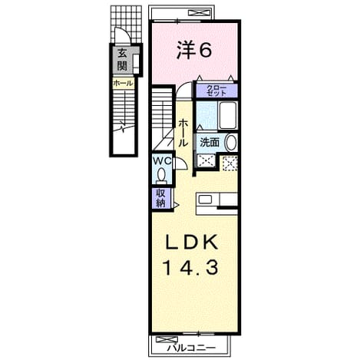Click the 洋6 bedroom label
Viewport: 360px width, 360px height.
tap(194, 51)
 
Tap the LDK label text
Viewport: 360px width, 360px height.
tap(192, 242)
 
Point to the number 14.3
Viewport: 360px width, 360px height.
tap(191, 268)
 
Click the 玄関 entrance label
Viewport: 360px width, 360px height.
tap(122, 60)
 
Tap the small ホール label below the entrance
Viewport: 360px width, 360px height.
tap(123, 83)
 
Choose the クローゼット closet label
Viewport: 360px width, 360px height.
tap(216, 91)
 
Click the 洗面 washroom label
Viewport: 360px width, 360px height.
tap(210, 142)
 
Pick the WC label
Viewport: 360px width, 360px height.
tap(162, 161)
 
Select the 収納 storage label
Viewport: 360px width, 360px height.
tap(160, 198)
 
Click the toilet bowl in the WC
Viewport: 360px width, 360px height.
tap(161, 176)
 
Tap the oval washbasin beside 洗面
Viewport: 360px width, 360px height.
tap(231, 143)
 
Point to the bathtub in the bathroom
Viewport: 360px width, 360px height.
tap(228, 116)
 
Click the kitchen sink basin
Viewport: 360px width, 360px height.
tap(205, 200)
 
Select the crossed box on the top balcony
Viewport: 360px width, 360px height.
tap(199, 12)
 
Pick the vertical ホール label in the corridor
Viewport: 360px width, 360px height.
tap(183, 133)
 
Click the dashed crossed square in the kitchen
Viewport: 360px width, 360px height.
tap(230, 163)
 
